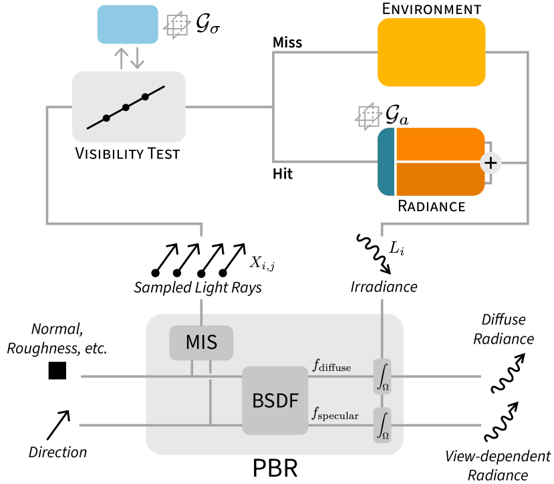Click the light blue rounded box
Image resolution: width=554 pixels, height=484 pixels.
point(128,24)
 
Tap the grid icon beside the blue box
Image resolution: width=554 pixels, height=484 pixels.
point(177,25)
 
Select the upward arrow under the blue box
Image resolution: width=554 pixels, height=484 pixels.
point(121,58)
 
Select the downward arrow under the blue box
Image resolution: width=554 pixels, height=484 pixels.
point(137,58)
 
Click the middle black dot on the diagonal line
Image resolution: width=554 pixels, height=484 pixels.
point(126,108)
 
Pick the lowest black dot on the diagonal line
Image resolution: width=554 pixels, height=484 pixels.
point(106,118)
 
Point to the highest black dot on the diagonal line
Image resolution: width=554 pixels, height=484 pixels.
point(145,97)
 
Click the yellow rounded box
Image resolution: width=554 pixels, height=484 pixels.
point(431,52)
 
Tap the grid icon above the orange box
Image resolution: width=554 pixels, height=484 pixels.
point(368,116)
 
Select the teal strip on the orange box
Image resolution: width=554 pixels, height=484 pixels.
point(387,162)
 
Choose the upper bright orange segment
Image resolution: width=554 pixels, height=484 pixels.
point(439,144)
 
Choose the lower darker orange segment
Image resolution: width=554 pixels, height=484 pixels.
point(439,179)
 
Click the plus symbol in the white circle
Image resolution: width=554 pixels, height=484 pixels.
point(491,162)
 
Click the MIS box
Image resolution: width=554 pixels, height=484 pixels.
point(201,342)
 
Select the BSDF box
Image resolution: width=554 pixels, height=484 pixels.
point(275,400)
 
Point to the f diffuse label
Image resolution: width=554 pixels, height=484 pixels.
point(331,366)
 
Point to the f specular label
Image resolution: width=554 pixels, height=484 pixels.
point(335,414)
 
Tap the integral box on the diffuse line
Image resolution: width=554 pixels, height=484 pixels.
point(382,376)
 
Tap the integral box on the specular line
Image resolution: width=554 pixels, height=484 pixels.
point(382,425)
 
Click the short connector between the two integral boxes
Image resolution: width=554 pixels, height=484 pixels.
point(382,401)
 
